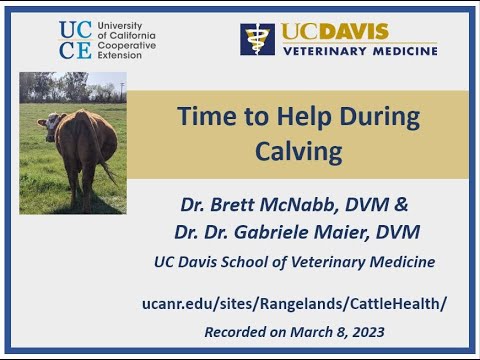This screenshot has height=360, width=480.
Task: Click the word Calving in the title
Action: click(x=297, y=152)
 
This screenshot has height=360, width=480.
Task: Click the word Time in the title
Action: click(x=205, y=117)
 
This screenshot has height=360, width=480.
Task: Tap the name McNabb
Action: click(x=285, y=205)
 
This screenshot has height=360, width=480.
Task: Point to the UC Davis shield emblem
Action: click(x=257, y=39)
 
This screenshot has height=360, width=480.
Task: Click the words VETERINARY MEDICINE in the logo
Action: click(x=358, y=50)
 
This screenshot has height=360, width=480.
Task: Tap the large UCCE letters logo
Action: click(x=77, y=39)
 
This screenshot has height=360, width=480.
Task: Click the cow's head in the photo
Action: click(x=50, y=124)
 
